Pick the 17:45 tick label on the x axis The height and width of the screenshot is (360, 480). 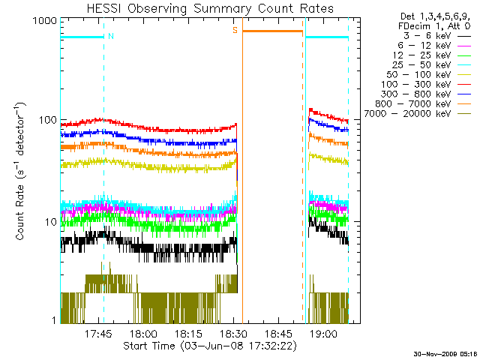tap(98, 334)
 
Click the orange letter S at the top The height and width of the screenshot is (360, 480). tap(235, 30)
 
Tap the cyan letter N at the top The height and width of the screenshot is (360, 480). tap(111, 36)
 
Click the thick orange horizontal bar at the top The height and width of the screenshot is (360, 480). tap(272, 31)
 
